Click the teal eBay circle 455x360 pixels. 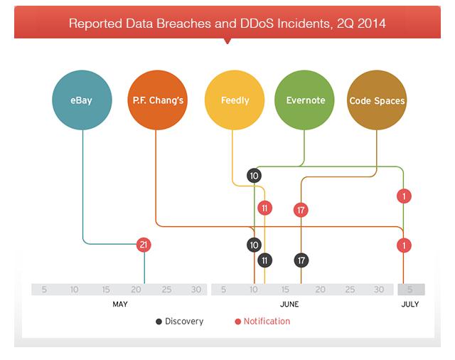pyautogui.click(x=82, y=100)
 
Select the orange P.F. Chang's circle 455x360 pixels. pyautogui.click(x=158, y=100)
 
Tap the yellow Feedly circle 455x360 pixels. pyautogui.click(x=234, y=100)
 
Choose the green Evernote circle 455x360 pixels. pyautogui.click(x=304, y=100)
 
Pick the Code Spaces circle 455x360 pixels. pyautogui.click(x=377, y=100)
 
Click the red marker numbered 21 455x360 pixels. pyautogui.click(x=144, y=245)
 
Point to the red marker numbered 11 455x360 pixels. pyautogui.click(x=265, y=208)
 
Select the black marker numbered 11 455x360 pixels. pyautogui.click(x=265, y=260)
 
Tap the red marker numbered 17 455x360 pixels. pyautogui.click(x=301, y=210)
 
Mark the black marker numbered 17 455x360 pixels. pyautogui.click(x=301, y=260)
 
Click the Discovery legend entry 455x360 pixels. pyautogui.click(x=179, y=322)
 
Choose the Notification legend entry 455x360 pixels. pyautogui.click(x=262, y=322)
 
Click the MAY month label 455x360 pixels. pyautogui.click(x=120, y=305)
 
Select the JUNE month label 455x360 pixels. pyautogui.click(x=289, y=305)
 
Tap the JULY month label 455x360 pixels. pyautogui.click(x=409, y=305)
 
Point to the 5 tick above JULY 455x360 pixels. pyautogui.click(x=409, y=290)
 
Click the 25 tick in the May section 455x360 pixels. pyautogui.click(x=166, y=290)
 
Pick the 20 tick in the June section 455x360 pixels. pyautogui.click(x=321, y=290)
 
